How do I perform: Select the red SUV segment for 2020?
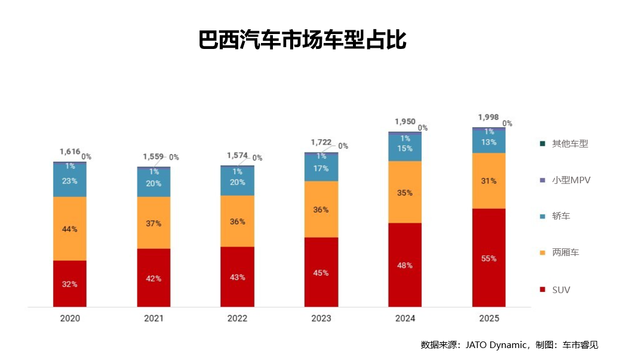[x=70, y=284]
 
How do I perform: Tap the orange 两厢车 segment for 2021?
[x=153, y=223]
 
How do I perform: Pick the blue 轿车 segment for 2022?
[x=237, y=182]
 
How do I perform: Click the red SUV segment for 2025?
[x=489, y=258]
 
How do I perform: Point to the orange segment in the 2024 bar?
[x=405, y=192]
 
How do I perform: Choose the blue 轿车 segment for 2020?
[x=70, y=180]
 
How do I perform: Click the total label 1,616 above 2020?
[x=70, y=152]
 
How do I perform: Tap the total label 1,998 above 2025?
[x=488, y=118]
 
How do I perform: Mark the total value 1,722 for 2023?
[x=321, y=142]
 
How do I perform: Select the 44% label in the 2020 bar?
[x=70, y=229]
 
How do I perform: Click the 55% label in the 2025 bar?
[x=489, y=259]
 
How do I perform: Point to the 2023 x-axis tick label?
[x=321, y=318]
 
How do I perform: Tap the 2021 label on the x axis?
[x=153, y=318]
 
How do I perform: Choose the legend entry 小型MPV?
[x=571, y=180]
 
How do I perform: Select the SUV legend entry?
[x=561, y=290]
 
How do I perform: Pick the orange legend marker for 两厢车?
[x=542, y=253]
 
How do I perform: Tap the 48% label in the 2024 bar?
[x=405, y=265]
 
